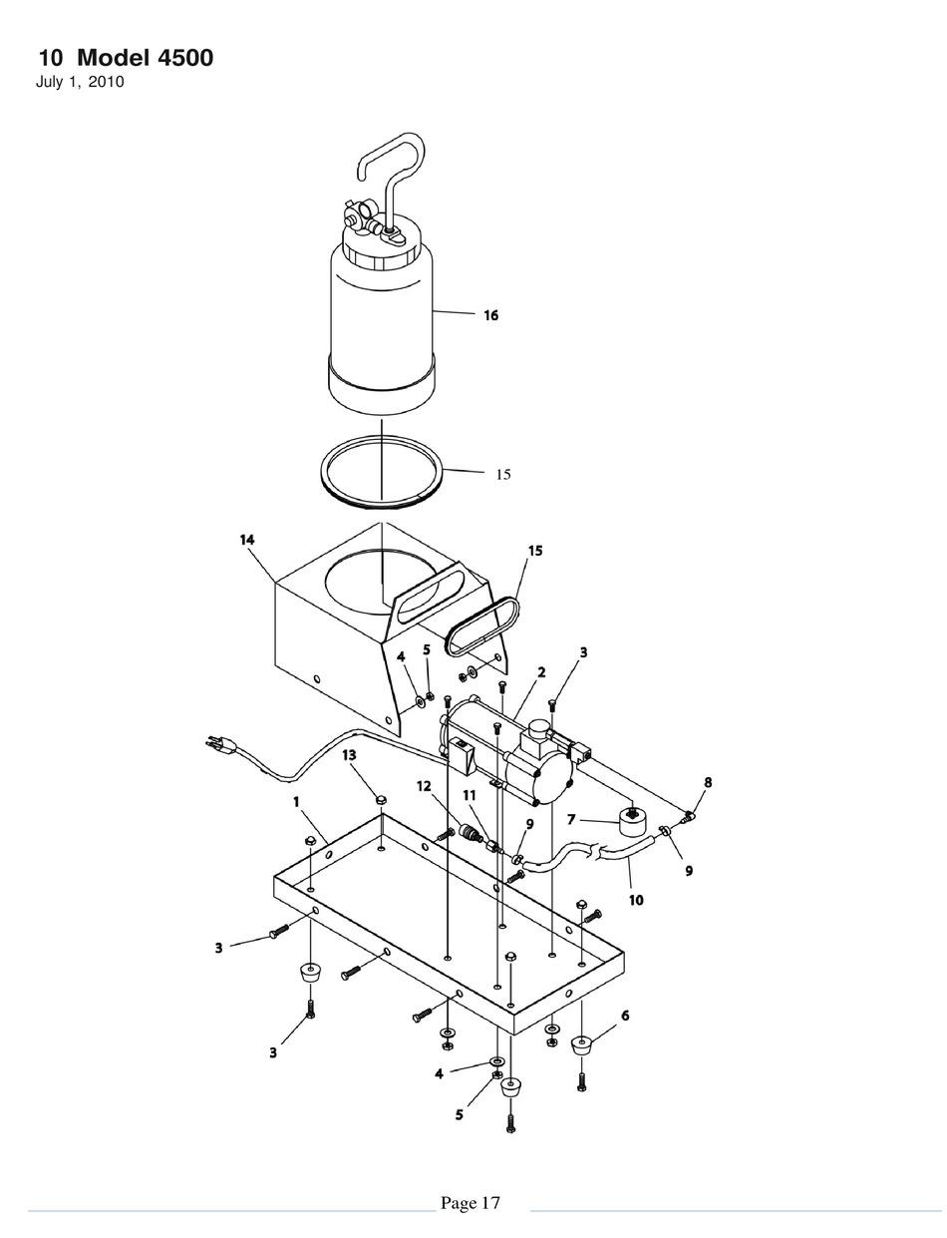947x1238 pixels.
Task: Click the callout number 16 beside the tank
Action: coord(490,315)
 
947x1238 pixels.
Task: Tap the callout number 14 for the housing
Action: coord(247,540)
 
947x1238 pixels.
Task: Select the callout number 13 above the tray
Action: coord(349,755)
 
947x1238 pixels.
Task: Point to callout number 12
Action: coord(424,786)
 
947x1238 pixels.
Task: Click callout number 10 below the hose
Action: coord(636,900)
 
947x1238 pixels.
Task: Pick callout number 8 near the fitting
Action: coord(708,782)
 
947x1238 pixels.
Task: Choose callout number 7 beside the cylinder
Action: coord(571,819)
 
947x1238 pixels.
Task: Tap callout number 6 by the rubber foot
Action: coord(625,1016)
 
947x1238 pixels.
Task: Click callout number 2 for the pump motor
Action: coord(541,672)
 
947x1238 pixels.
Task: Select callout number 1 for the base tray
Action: coord(296,802)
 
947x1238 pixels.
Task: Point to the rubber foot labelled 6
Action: coord(581,1044)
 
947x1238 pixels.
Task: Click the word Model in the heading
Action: coord(114,58)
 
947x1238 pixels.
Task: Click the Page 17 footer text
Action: coord(471,1203)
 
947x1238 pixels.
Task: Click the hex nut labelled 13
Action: coord(380,800)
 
